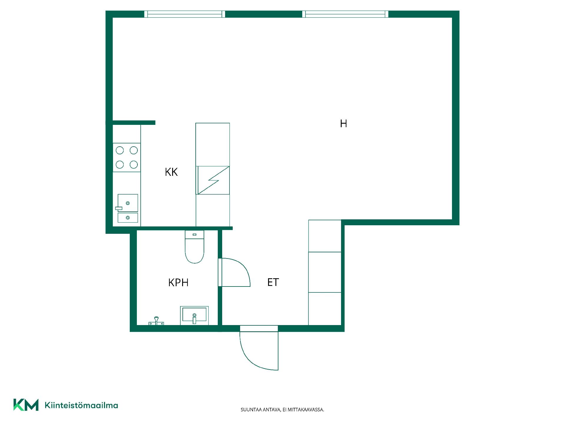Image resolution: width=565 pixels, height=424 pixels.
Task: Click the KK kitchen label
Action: [171, 172]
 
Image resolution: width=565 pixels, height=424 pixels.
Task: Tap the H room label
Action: [343, 124]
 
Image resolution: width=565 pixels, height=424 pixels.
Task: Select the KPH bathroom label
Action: [178, 283]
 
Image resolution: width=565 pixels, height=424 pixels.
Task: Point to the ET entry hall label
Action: [273, 282]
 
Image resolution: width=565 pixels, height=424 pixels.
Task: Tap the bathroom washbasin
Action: [194, 315]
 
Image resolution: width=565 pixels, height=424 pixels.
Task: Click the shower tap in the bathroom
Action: [156, 321]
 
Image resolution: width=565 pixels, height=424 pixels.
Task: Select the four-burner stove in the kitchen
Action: [127, 158]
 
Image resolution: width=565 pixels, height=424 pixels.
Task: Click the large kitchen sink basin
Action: [128, 203]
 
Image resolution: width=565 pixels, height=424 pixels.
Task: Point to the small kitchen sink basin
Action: [128, 218]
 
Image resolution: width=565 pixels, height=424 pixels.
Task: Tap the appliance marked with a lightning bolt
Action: [213, 180]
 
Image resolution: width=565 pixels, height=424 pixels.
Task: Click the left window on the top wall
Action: [185, 14]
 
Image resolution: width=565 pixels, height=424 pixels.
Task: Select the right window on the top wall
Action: [345, 14]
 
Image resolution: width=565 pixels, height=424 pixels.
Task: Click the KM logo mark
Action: [26, 405]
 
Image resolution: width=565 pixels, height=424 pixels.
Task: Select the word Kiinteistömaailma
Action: [81, 405]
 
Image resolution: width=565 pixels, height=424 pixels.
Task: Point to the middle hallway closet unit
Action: [325, 272]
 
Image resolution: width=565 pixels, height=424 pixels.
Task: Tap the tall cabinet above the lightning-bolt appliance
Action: [213, 144]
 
